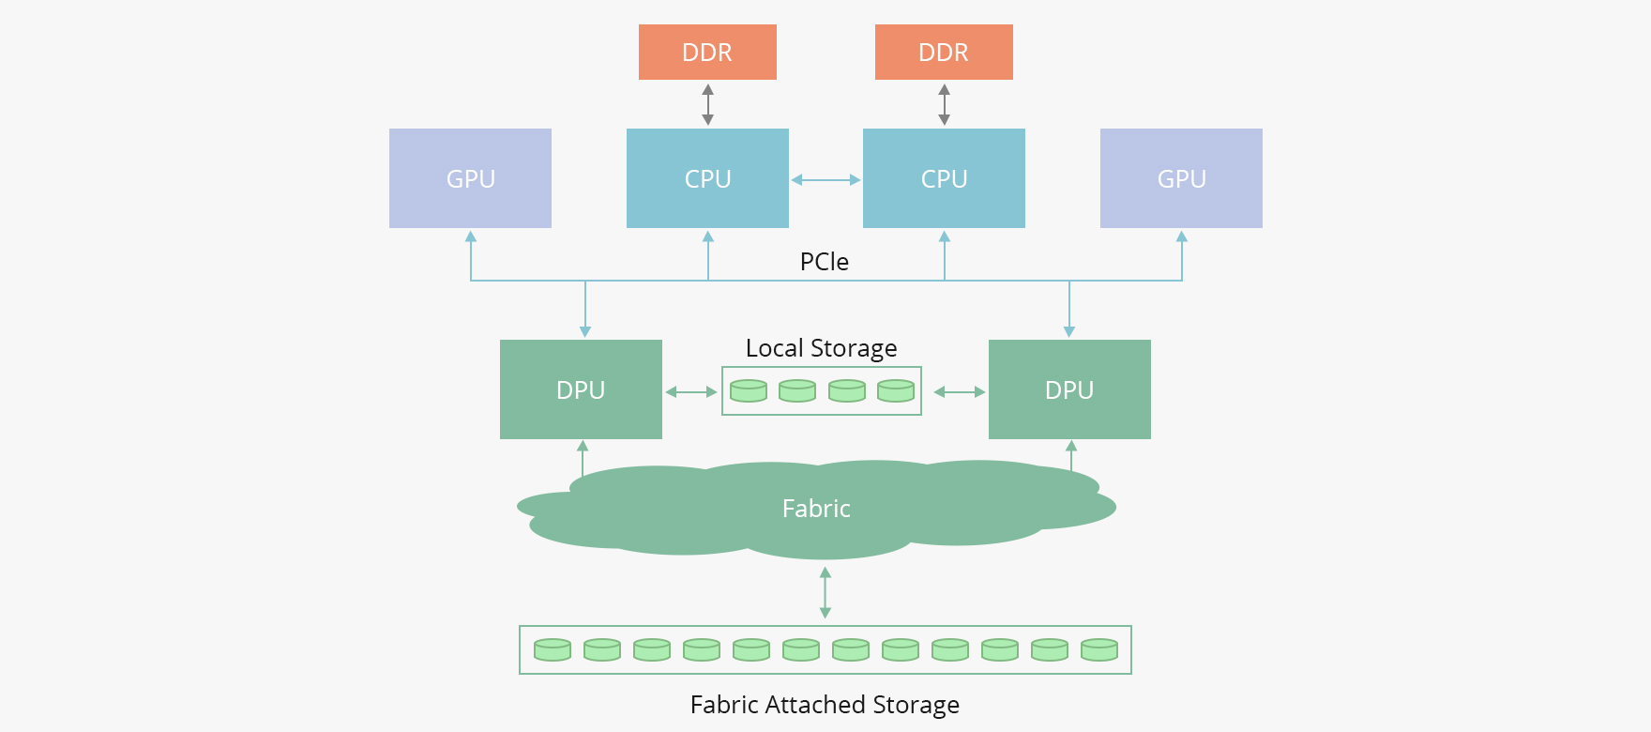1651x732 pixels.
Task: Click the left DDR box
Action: (x=707, y=53)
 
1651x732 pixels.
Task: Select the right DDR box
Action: (x=944, y=53)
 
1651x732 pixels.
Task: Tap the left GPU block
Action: (x=470, y=178)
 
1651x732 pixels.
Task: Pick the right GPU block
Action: (x=1181, y=178)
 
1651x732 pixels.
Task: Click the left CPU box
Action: (x=707, y=178)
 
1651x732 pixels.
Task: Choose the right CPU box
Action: (x=944, y=178)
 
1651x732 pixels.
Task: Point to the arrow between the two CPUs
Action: (x=825, y=179)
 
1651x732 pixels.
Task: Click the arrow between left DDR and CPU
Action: (x=708, y=104)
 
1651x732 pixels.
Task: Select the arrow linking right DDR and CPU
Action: (x=945, y=104)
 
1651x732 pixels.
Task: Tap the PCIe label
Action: (x=824, y=262)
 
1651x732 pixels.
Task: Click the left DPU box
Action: (x=581, y=389)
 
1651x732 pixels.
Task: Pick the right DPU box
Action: (x=1069, y=389)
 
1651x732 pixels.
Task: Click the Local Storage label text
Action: (x=821, y=348)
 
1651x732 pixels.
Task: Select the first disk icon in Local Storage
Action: (x=749, y=390)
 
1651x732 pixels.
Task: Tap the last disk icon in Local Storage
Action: (x=896, y=390)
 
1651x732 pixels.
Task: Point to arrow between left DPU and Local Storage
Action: (x=691, y=391)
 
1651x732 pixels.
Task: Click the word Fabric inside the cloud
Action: (x=816, y=509)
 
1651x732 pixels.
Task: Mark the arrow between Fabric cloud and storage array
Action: (x=825, y=592)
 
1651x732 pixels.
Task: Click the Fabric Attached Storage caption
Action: (x=825, y=705)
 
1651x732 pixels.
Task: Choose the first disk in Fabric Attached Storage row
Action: (x=553, y=649)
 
